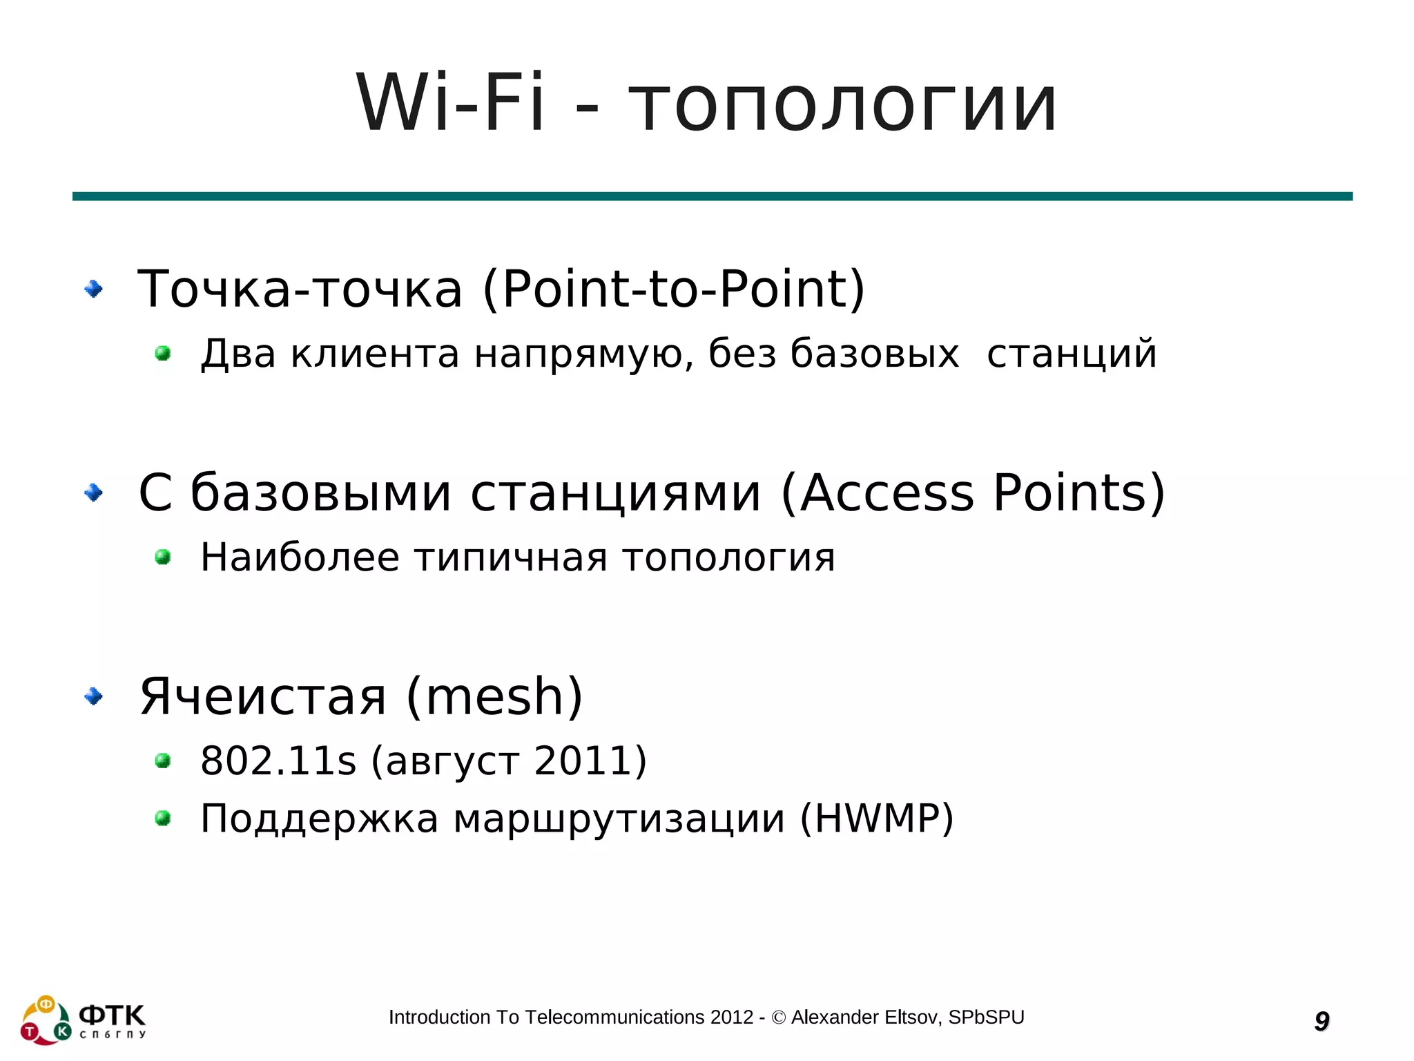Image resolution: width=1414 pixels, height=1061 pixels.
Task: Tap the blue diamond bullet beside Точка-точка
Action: pos(93,289)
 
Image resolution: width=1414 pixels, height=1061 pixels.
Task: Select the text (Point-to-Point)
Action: pos(674,289)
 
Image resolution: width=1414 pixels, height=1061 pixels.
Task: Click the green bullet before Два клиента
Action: pos(163,354)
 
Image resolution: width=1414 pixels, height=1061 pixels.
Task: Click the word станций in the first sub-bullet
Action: pos(1072,354)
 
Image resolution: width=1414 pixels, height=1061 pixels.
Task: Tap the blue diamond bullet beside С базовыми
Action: pos(93,493)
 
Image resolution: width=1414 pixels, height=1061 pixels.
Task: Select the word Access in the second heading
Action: pos(887,493)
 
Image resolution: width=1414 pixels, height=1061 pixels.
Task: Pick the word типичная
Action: pos(511,558)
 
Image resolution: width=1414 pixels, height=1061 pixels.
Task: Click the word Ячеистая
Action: pos(263,696)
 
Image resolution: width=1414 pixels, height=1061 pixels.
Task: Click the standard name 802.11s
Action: pos(278,761)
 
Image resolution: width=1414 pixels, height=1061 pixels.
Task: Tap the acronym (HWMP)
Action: pos(877,819)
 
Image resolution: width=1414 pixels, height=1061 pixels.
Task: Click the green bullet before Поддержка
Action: pos(163,819)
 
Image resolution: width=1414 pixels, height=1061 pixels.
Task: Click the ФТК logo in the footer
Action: pos(83,1020)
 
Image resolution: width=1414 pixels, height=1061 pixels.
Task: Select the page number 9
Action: pos(1321,1021)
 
